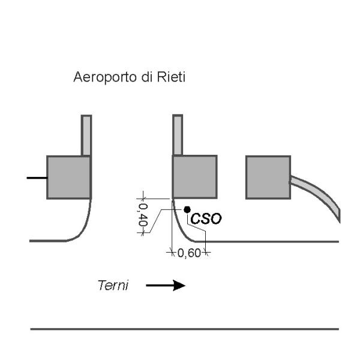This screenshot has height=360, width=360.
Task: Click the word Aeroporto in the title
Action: pyautogui.click(x=96, y=77)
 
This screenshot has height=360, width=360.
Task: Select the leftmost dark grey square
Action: pyautogui.click(x=68, y=177)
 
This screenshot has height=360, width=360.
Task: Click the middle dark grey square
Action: pyautogui.click(x=194, y=177)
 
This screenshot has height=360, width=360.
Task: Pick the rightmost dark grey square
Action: pyautogui.click(x=268, y=177)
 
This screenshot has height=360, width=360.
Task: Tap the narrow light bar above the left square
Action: pyautogui.click(x=86, y=135)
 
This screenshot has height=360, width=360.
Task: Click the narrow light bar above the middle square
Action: pyautogui.click(x=178, y=135)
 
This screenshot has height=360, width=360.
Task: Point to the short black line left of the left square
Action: pyautogui.click(x=37, y=178)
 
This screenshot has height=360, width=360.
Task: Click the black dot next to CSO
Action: pyautogui.click(x=187, y=209)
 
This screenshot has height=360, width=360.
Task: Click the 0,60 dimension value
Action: pyautogui.click(x=189, y=253)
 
